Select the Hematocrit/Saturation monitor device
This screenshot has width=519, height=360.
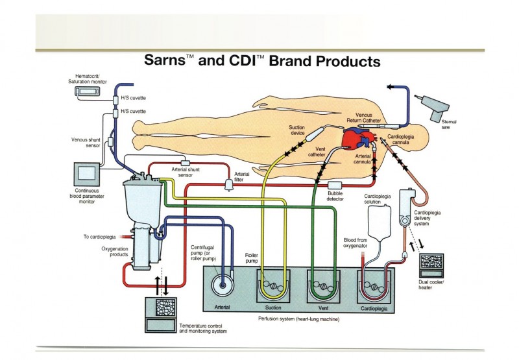91,93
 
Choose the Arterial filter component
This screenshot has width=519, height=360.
228,184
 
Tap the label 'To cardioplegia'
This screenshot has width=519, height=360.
99,236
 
